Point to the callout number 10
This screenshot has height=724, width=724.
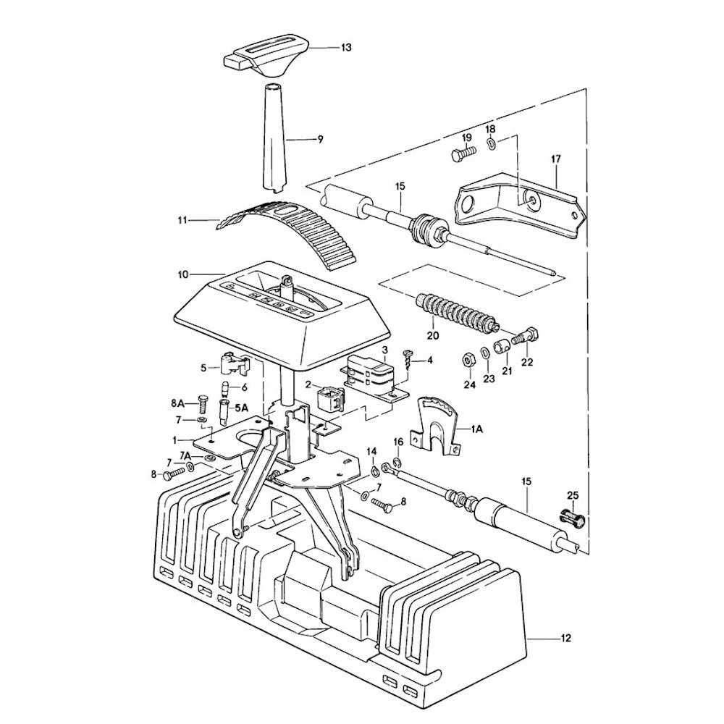[x=182, y=274]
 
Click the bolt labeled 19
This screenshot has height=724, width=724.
[x=463, y=154]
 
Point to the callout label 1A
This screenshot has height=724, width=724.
[x=477, y=429]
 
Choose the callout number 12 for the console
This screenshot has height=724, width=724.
[x=565, y=638]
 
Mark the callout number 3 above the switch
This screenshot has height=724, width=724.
[x=385, y=350]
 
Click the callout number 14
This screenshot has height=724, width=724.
[x=371, y=452]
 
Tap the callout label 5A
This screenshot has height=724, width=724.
[x=241, y=408]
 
